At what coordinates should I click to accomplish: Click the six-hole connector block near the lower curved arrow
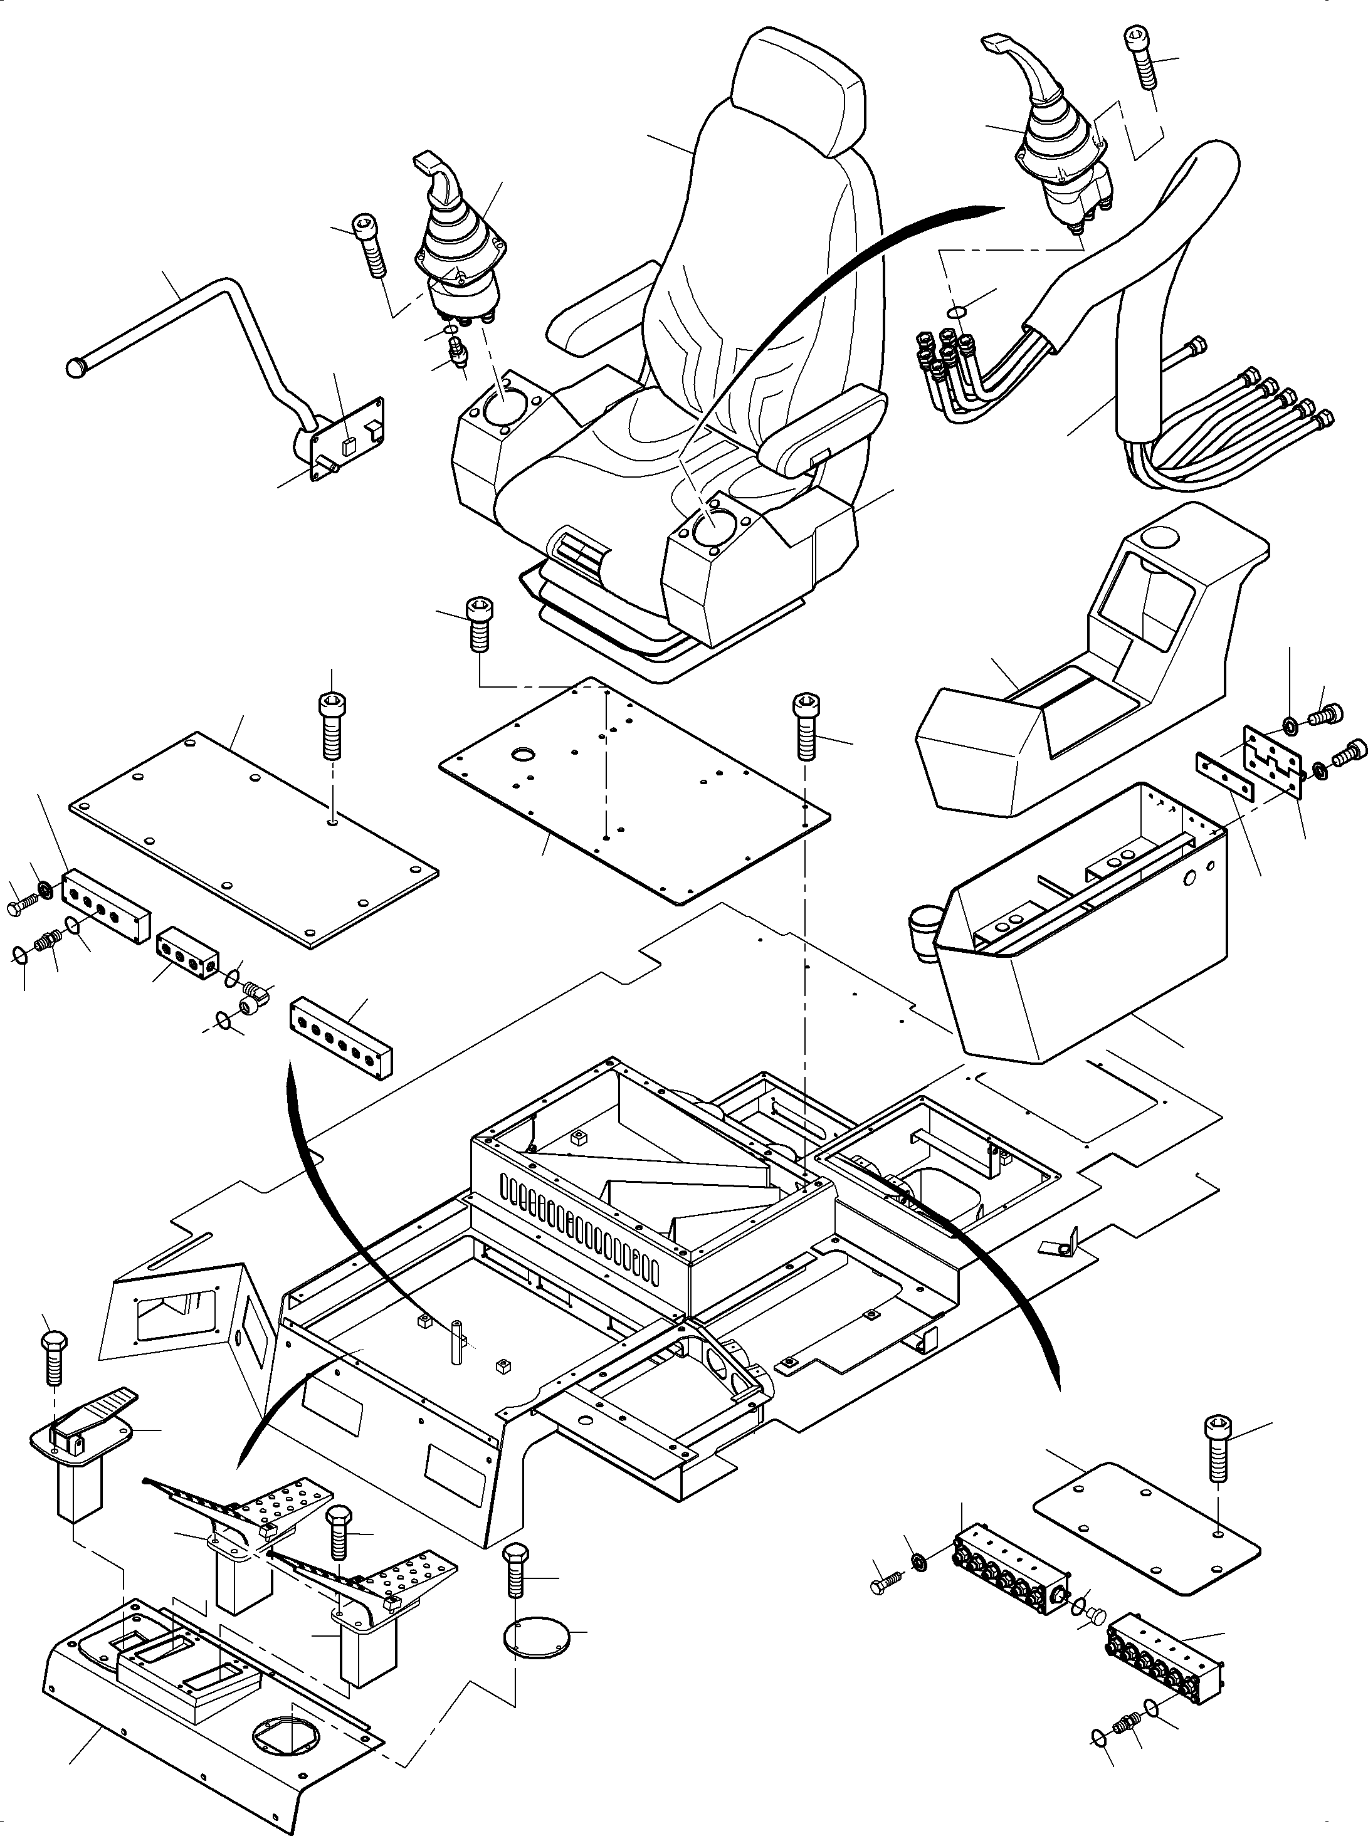[340, 1039]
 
